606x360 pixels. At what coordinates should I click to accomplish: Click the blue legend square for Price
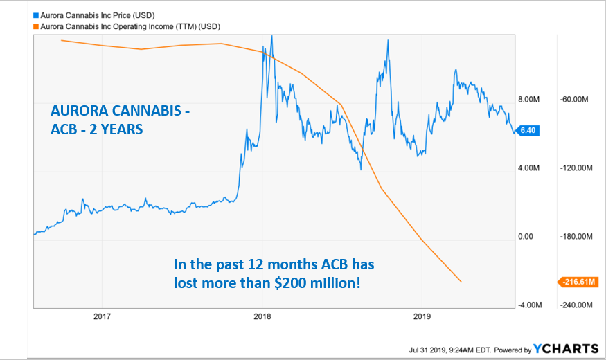(x=36, y=13)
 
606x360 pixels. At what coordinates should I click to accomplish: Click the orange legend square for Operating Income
(x=36, y=25)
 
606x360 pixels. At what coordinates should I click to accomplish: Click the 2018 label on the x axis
(x=262, y=318)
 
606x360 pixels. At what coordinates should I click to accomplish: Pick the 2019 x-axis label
(x=422, y=318)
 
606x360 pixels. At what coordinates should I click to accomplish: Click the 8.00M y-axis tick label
(x=529, y=100)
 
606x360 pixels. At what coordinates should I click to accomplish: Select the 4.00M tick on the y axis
(x=529, y=168)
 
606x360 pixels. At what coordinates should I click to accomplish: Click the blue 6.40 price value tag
(x=529, y=130)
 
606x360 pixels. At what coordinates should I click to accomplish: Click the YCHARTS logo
(x=565, y=349)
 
